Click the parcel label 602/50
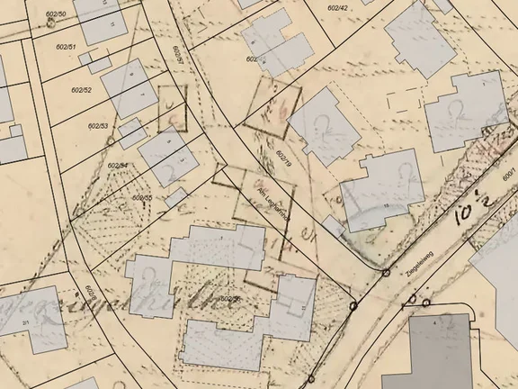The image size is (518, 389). coord(56,14)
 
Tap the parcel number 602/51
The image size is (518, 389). coord(66,46)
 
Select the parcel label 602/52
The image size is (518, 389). coord(81,90)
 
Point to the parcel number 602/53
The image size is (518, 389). coord(98,126)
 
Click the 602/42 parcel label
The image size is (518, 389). coord(338,7)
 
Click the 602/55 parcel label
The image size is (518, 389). coord(142,196)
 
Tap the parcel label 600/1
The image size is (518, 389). coord(509,172)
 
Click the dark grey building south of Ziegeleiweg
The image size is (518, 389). coord(441,351)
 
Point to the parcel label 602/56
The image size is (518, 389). coord(230,298)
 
